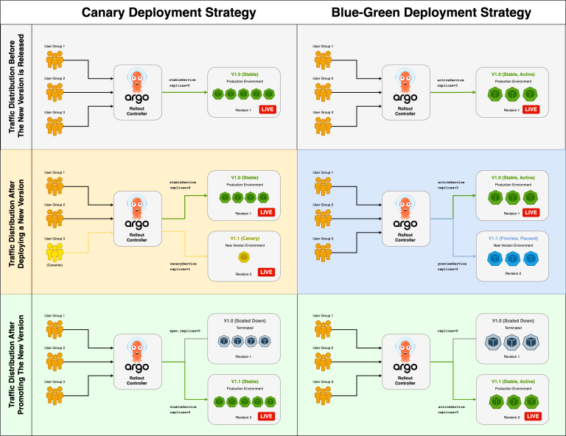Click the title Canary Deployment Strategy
click(168, 13)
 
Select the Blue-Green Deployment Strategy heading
click(431, 13)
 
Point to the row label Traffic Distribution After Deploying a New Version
click(17, 221)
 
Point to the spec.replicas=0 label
click(185, 331)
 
